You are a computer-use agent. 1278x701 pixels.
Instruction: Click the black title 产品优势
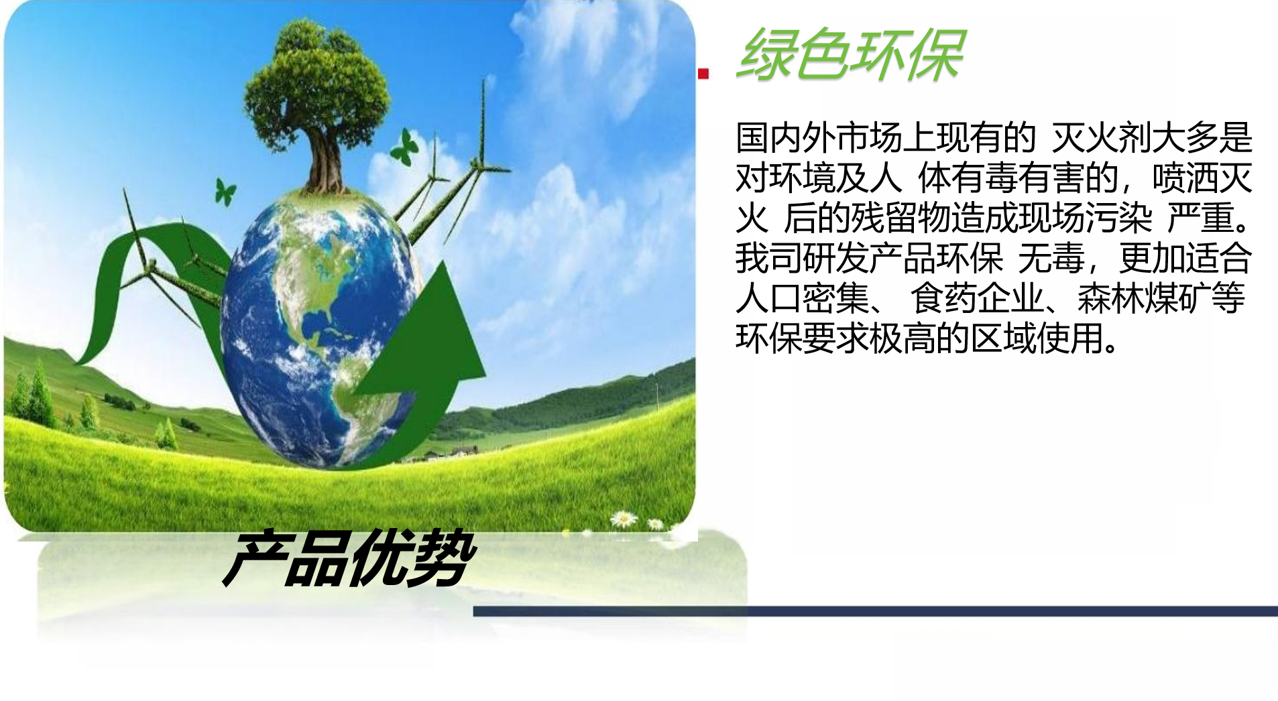[349, 558]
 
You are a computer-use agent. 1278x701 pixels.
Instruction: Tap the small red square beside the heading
[703, 74]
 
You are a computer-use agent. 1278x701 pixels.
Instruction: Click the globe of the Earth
[322, 328]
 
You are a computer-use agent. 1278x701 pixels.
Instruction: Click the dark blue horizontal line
[875, 611]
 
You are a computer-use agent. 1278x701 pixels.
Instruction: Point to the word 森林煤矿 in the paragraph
[1144, 298]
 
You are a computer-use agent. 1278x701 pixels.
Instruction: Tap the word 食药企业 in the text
[976, 298]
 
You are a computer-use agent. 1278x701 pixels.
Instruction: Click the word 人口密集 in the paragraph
[802, 298]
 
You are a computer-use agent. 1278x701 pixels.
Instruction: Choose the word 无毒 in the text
[1051, 258]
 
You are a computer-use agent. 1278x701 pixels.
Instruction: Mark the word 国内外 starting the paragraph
[786, 138]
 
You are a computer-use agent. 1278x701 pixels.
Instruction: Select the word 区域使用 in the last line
[1037, 338]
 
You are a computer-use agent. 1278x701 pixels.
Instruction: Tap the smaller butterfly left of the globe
[225, 191]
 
